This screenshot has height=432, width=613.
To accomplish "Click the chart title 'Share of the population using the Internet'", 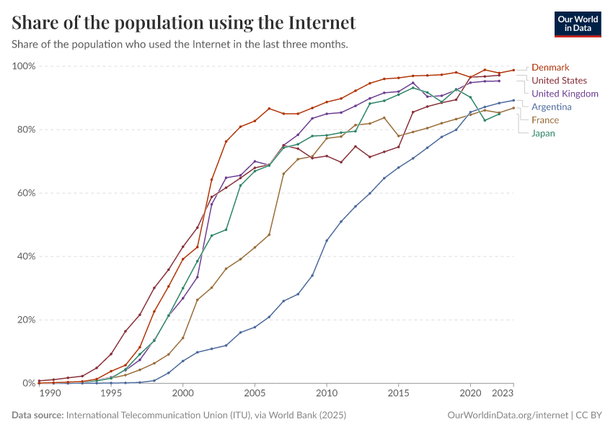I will tap(184, 23).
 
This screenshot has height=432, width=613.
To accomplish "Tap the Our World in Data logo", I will tap(577, 23).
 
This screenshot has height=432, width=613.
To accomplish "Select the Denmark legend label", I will tap(550, 68).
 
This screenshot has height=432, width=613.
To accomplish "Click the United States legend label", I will tap(559, 81).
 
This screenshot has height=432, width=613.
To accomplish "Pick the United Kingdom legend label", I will tap(565, 94).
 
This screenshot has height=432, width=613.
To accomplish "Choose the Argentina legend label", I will tap(552, 107).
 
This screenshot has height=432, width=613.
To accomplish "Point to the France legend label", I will tap(545, 120).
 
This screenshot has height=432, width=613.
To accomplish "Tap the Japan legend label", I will tap(544, 133).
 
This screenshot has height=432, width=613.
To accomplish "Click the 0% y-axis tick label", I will tap(28, 383).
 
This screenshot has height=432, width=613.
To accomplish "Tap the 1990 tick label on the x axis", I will tap(50, 394).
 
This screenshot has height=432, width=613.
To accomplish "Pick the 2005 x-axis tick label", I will tap(255, 394).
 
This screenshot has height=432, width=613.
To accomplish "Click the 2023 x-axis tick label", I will tap(503, 394).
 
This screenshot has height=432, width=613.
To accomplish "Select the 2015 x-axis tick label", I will tap(398, 394).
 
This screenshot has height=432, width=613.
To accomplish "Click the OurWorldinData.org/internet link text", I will tap(508, 415).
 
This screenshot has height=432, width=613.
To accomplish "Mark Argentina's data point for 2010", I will tap(327, 240).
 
